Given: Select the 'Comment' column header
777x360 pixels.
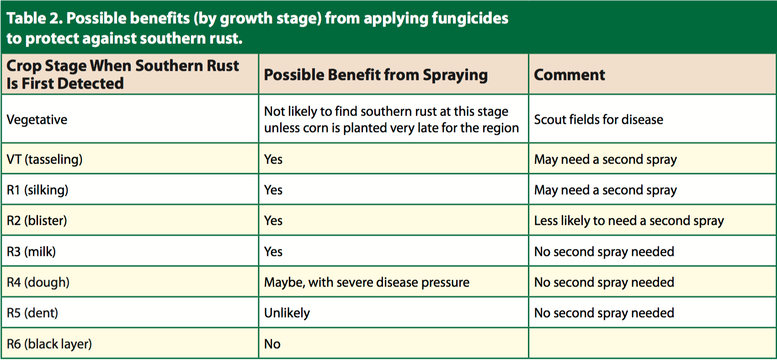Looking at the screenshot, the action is pos(569,75).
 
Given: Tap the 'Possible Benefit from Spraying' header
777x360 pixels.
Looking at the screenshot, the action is pos(376,75).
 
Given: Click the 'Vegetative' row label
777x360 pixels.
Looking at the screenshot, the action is pos(37,120).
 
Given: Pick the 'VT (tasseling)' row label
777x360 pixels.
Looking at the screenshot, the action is pos(44,159).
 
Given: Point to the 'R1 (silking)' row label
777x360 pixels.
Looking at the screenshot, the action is pos(37,190).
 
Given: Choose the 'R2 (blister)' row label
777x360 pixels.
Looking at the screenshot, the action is pos(37,221).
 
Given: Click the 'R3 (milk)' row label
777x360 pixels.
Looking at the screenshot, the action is pos(31,251).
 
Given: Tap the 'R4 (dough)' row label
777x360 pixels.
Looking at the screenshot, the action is pos(38,282).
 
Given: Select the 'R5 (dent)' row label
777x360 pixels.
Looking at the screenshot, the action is pos(32,313).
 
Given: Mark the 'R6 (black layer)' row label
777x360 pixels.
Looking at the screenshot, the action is pos(49,344).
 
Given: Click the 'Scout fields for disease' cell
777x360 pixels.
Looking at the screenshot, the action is pos(599,120).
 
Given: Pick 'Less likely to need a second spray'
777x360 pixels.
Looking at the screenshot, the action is pos(629,221).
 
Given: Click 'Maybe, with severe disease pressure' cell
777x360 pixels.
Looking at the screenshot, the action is pos(367,283).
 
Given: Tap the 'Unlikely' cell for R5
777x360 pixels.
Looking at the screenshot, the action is pos(287,313).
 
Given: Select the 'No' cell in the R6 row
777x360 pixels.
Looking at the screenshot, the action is pos(272,344).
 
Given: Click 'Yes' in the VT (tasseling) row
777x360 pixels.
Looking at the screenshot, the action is pos(273,159).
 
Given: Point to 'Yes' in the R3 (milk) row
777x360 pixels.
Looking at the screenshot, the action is pos(273,252).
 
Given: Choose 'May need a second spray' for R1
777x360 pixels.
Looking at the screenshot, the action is pos(605,191).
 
